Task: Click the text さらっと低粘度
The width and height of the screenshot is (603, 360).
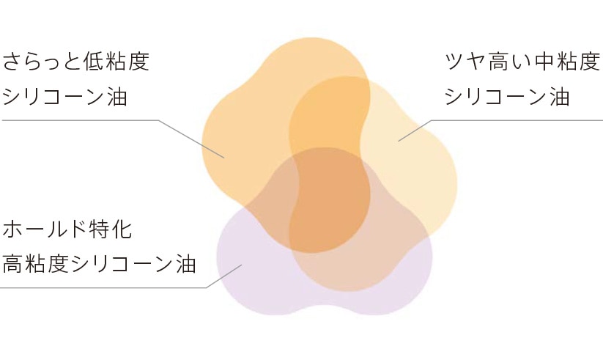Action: [76, 61]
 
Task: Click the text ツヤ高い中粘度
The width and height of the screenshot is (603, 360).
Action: [523, 61]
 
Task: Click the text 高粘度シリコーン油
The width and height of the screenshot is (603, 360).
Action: [100, 263]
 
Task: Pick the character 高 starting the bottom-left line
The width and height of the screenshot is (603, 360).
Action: [14, 263]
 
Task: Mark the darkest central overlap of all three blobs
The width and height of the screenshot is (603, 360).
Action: [330, 198]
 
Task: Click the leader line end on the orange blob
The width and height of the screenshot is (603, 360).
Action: [224, 158]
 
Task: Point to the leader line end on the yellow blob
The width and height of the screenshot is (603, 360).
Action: [399, 140]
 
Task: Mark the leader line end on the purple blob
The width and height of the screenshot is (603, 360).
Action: [241, 265]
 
